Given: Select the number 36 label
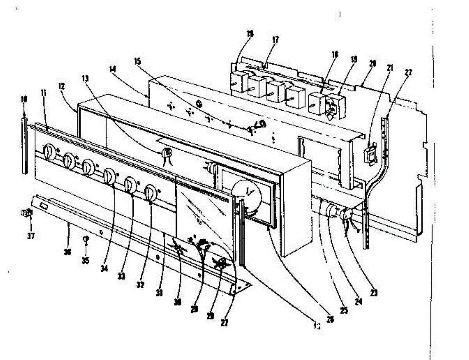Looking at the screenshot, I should pos(67,253).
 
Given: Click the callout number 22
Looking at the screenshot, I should pos(409,73).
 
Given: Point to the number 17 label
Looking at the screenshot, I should pos(276,39).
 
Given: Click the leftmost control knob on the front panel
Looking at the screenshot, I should pos(48,152).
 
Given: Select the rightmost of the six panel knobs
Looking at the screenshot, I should pos(150,193).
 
